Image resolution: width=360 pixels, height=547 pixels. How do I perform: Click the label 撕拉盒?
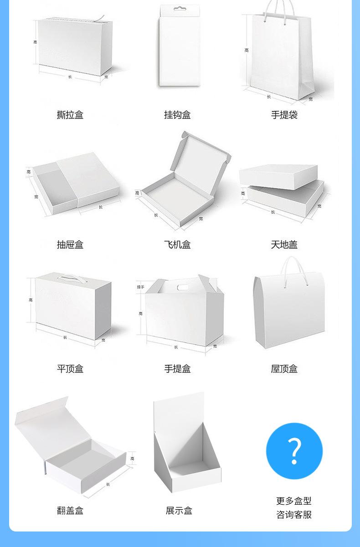pyautogui.click(x=70, y=115)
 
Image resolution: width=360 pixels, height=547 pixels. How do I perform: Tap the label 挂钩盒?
pyautogui.click(x=177, y=115)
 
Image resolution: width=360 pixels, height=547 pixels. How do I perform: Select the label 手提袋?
pyautogui.click(x=284, y=115)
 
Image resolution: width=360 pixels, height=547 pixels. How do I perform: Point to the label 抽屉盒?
pyautogui.click(x=70, y=245)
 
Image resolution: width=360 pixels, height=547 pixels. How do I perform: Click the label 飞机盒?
pyautogui.click(x=177, y=245)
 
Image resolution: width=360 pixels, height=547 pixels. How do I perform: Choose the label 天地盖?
pyautogui.click(x=284, y=245)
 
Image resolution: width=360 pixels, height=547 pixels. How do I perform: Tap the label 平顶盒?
pyautogui.click(x=70, y=369)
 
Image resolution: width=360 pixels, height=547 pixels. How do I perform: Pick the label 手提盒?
pyautogui.click(x=177, y=369)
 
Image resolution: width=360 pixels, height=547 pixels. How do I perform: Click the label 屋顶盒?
pyautogui.click(x=284, y=369)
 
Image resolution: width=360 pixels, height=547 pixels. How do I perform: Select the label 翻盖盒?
pyautogui.click(x=70, y=511)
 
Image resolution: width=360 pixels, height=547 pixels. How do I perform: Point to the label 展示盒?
pyautogui.click(x=179, y=511)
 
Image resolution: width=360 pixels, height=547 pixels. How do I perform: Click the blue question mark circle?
pyautogui.click(x=294, y=451)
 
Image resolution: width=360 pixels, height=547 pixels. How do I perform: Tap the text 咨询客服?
pyautogui.click(x=294, y=515)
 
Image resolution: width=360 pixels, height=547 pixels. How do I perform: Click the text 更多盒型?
pyautogui.click(x=294, y=501)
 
